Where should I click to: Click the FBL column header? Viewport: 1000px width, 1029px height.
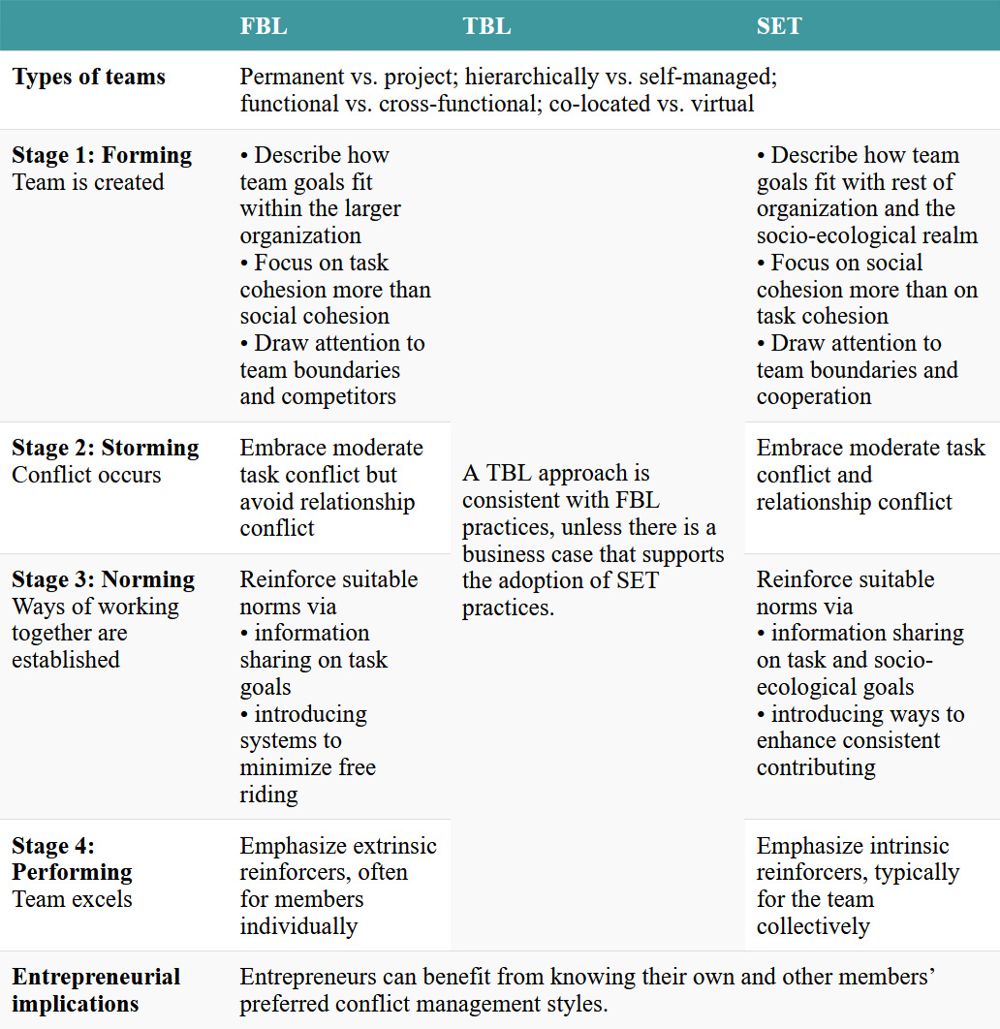264,26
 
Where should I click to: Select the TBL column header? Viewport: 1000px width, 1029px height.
486,26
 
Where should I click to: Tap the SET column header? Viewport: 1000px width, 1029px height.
779,26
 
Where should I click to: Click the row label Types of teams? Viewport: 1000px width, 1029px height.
89,78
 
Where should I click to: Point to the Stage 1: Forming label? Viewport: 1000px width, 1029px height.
102,155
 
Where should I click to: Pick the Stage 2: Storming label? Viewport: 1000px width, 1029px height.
105,448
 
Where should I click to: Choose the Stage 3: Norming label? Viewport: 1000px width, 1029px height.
103,579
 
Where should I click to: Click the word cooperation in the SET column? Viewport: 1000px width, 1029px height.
814,396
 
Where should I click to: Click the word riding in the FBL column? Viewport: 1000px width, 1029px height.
268,795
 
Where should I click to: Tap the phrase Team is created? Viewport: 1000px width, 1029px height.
88,182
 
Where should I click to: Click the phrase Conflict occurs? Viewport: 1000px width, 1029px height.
86,475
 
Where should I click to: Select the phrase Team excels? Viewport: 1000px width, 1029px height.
72,899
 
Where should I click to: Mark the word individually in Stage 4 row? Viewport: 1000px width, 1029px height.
298,926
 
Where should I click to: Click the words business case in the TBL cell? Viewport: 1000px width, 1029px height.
521,554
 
